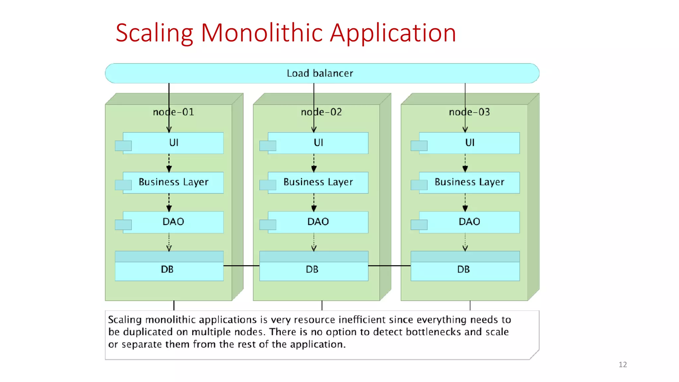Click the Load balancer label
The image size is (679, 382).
click(x=320, y=73)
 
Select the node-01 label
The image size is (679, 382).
click(x=173, y=112)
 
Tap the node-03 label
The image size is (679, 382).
click(x=469, y=112)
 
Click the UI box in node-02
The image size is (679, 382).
click(x=318, y=143)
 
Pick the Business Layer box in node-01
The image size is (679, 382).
click(x=173, y=182)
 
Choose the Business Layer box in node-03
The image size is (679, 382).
click(x=469, y=182)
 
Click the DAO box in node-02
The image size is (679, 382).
click(x=318, y=222)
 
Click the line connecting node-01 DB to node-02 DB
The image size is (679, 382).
click(x=241, y=266)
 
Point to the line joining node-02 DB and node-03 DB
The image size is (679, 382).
click(x=389, y=266)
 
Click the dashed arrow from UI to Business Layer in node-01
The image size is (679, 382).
click(x=169, y=162)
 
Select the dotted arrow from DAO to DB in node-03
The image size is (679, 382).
click(x=465, y=242)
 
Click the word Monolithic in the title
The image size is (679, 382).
click(x=262, y=33)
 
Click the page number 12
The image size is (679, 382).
click(x=623, y=364)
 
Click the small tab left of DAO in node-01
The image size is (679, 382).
click(x=123, y=225)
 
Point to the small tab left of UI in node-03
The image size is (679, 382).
click(x=419, y=146)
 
